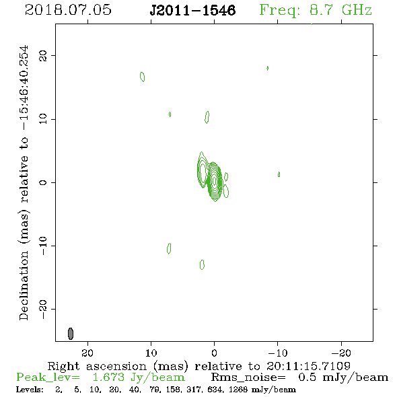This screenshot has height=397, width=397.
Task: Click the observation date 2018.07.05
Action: coord(68,10)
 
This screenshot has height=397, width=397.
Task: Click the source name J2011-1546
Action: coord(192,10)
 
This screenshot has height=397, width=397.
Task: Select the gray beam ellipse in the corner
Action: coord(71,334)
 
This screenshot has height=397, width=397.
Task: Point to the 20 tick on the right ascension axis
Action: coord(87,353)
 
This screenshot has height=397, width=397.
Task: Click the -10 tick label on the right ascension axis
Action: coord(278,353)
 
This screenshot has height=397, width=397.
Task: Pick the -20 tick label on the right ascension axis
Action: coord(341,353)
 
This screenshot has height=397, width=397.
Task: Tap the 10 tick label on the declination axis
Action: coord(43,119)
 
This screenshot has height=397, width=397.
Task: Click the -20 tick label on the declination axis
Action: coord(43,309)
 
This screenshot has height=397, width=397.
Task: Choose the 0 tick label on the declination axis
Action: coord(43,182)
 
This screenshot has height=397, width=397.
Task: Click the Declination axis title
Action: coord(24,182)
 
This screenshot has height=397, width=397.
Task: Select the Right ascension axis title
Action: coord(199,366)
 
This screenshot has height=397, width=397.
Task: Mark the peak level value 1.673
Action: coord(108,377)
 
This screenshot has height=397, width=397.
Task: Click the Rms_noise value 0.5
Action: coord(307,377)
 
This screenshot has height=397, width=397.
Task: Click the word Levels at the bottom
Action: coord(30,389)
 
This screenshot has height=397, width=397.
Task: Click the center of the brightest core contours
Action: coord(215,181)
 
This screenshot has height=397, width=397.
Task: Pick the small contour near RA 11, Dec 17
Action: coord(142,77)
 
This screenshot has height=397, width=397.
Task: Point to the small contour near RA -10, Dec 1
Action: coord(279,174)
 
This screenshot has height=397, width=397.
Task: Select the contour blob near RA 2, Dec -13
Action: coord(202,265)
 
